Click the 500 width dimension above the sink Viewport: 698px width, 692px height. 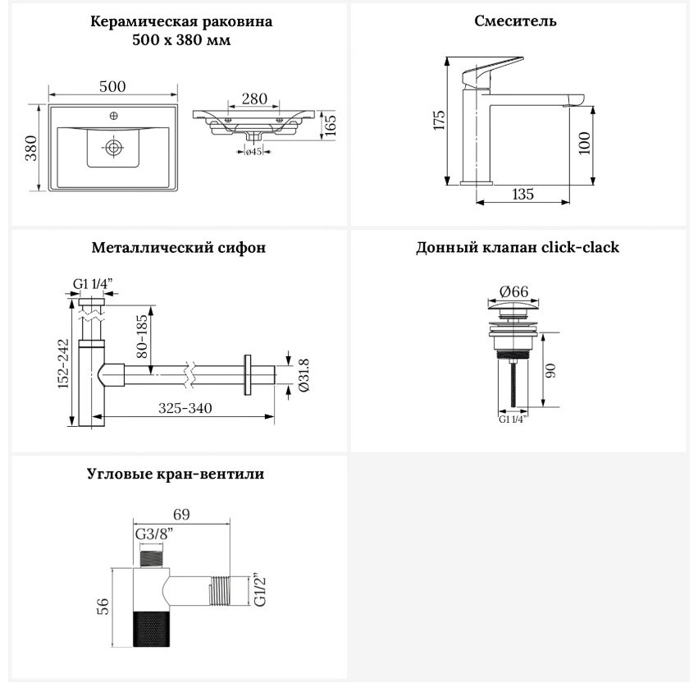click(112, 86)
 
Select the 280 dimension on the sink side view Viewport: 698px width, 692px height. click(254, 99)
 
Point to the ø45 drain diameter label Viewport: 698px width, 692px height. click(253, 152)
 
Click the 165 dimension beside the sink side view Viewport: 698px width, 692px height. click(330, 126)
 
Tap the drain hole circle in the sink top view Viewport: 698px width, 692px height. click(114, 147)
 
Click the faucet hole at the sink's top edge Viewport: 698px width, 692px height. click(113, 117)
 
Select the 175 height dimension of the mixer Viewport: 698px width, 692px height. click(440, 121)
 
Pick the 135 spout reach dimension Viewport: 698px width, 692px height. click(522, 195)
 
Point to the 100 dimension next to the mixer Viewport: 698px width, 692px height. click(585, 143)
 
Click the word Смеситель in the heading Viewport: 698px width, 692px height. click(515, 21)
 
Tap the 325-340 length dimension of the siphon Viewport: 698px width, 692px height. click(185, 408)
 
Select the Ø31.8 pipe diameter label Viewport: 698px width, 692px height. click(304, 375)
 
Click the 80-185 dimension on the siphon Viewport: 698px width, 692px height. click(142, 337)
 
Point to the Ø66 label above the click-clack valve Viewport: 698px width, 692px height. click(513, 292)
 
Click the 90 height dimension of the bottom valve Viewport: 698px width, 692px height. click(550, 371)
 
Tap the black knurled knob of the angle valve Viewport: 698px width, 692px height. click(152, 629)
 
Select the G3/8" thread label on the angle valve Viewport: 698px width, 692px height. click(154, 534)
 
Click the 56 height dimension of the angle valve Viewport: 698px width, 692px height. click(103, 607)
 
